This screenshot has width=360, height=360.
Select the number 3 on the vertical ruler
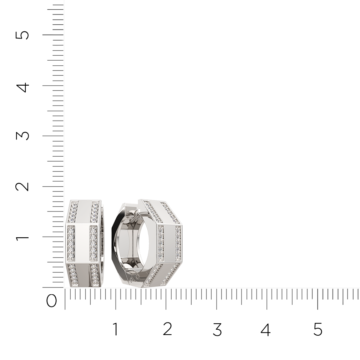point(22,136)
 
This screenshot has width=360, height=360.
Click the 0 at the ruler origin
point(51,301)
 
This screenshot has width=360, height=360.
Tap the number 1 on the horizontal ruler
point(116,329)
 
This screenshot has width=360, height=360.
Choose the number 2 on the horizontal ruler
point(167,329)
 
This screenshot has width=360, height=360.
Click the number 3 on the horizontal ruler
point(217,330)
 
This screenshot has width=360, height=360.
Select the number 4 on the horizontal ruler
point(266,330)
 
